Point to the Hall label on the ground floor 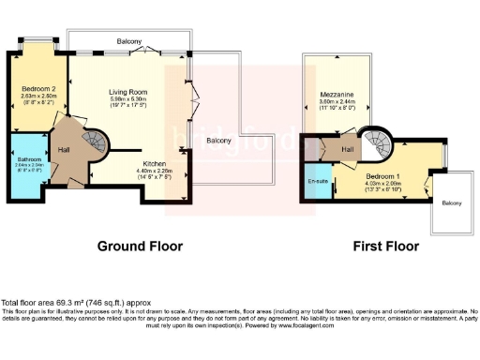(x=64, y=149)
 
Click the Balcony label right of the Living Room (x=220, y=141)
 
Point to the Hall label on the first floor (x=347, y=148)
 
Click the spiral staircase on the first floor (x=380, y=145)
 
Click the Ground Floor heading (x=140, y=247)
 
